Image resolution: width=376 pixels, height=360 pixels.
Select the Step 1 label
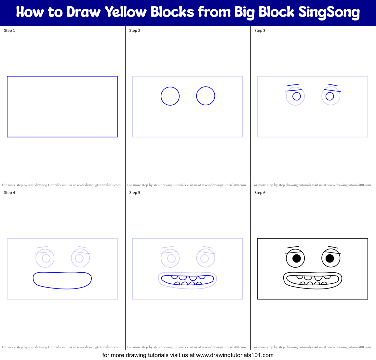tap(9, 31)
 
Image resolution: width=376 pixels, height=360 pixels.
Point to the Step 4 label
tap(9, 193)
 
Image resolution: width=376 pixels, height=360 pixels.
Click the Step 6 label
tap(260, 193)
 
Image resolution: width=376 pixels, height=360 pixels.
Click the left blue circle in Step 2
tap(170, 96)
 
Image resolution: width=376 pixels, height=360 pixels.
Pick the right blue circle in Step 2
tap(206, 96)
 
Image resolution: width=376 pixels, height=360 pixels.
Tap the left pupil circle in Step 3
tap(297, 96)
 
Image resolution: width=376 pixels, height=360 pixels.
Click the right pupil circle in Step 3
tap(330, 96)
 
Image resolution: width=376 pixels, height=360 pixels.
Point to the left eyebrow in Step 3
tap(293, 85)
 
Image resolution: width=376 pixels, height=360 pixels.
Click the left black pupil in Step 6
tap(297, 258)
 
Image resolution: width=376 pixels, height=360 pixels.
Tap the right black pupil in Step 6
tap(330, 258)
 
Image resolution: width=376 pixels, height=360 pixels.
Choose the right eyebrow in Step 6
tap(333, 248)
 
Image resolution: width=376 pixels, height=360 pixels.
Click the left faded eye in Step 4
tap(45, 258)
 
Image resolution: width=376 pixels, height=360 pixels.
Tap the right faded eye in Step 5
tap(206, 258)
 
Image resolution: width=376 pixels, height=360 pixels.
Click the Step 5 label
tap(135, 193)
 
